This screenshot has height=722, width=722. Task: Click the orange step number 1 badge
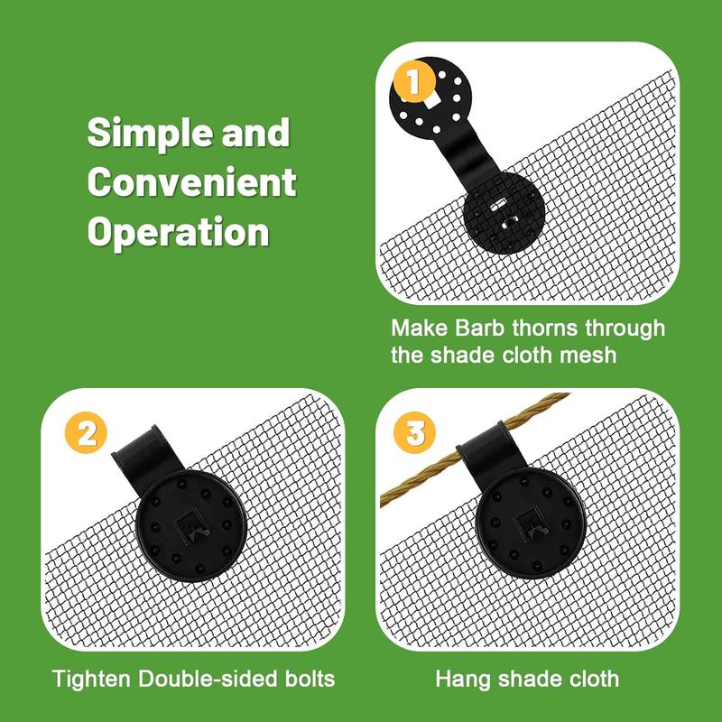[414, 81]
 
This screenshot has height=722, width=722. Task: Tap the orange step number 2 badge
[86, 433]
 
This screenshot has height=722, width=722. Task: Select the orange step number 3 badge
[415, 433]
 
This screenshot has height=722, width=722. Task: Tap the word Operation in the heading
[178, 233]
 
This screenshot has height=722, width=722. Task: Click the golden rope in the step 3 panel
[475, 449]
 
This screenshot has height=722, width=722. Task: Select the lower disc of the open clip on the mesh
[504, 213]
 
